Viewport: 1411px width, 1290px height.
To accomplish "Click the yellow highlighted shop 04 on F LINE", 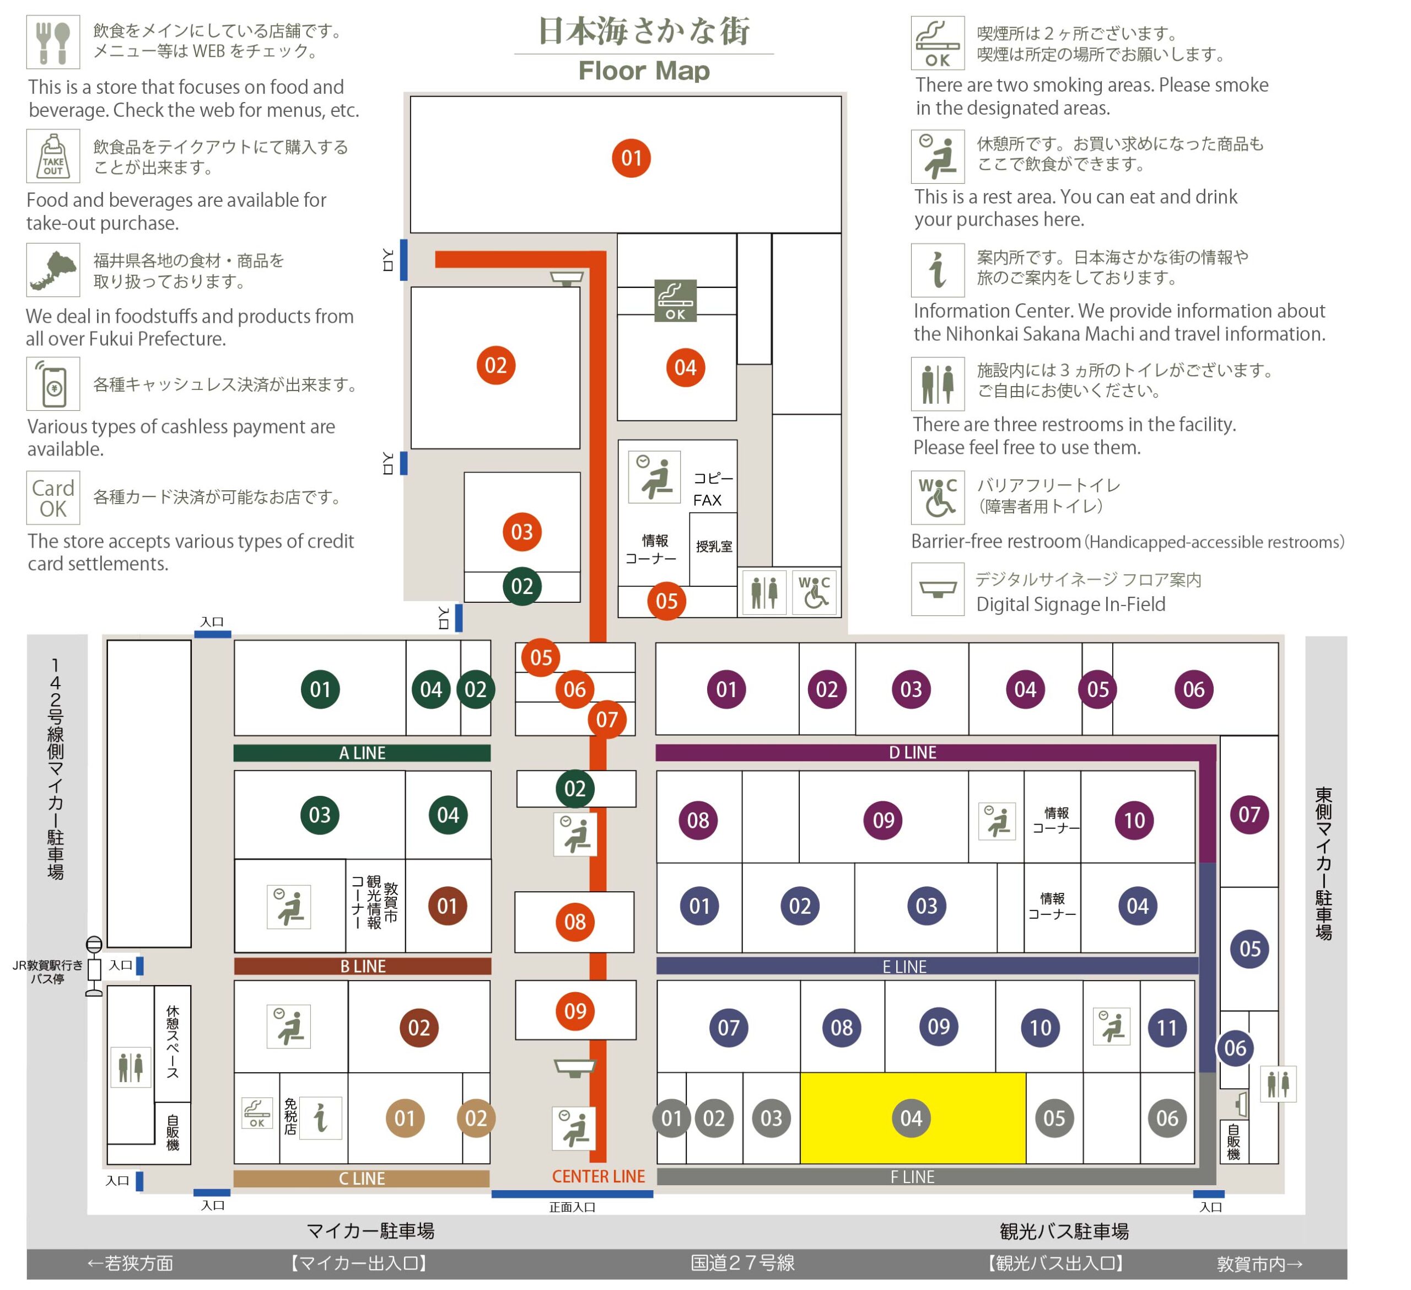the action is point(913,1118).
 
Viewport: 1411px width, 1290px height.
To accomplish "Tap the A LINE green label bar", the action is point(362,753).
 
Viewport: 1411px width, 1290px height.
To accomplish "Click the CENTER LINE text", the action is point(599,1176).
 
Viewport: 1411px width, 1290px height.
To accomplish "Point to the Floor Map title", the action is point(644,71).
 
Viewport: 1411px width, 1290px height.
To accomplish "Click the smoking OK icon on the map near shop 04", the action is point(675,301).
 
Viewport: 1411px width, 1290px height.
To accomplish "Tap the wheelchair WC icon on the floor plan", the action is point(815,592).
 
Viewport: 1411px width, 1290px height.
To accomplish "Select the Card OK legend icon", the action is point(53,498).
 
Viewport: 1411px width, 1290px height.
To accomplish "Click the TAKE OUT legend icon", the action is point(53,156).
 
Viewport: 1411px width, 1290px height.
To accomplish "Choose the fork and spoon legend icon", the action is point(53,42).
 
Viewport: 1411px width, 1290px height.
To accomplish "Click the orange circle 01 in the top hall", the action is point(631,158).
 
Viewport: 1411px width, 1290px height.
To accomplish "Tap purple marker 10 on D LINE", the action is point(1134,820).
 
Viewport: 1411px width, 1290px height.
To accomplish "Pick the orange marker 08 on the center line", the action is point(575,922).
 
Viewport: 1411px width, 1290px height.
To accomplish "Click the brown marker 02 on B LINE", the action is point(419,1027).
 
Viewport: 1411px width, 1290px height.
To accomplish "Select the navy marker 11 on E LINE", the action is point(1167,1027).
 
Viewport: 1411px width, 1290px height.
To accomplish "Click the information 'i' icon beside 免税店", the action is point(321,1118).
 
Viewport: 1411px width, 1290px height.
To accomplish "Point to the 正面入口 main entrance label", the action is point(573,1207).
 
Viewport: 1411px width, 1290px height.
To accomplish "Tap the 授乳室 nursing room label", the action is point(714,546).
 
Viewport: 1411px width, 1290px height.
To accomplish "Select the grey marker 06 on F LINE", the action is point(1167,1118).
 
